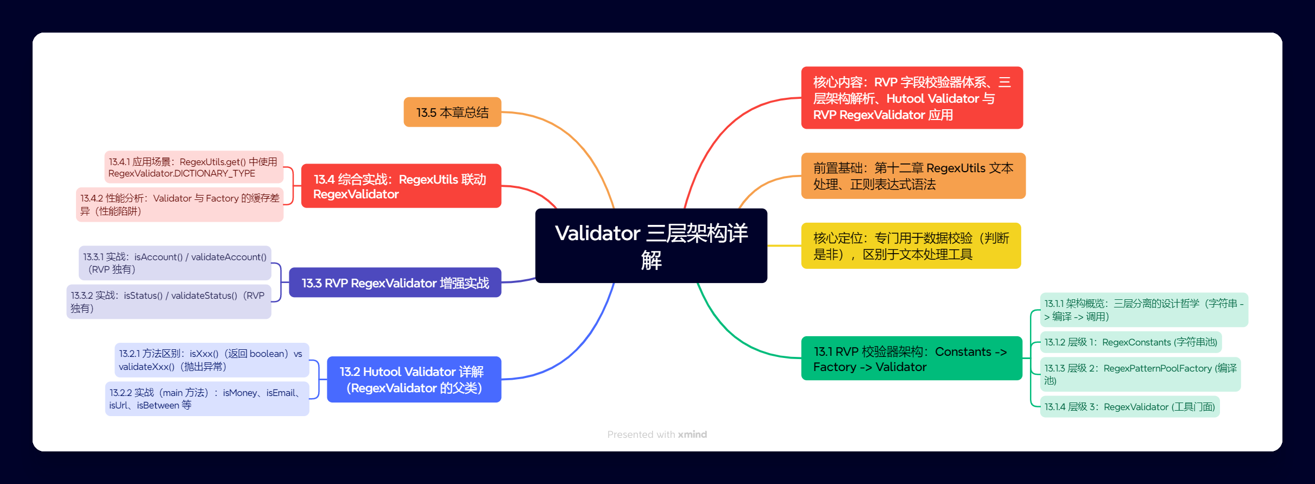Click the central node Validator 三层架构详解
point(651,246)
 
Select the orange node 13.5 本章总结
point(452,112)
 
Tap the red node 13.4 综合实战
point(401,186)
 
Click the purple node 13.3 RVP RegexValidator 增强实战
point(395,283)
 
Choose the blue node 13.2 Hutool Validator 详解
point(414,380)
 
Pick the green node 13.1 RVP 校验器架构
point(911,359)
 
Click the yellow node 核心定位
point(911,246)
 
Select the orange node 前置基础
point(913,176)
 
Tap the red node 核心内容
point(912,98)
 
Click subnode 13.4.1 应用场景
point(193,167)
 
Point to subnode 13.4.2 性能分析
point(180,204)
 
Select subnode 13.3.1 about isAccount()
point(174,263)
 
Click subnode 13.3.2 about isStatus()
point(168,301)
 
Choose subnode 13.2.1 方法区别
point(211,360)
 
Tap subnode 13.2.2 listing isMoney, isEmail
point(206,399)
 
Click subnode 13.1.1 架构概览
point(1143,310)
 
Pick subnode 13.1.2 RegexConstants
point(1130,342)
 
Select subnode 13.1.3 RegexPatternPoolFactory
point(1140,374)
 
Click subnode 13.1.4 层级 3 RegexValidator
point(1129,407)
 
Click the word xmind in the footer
point(692,435)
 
